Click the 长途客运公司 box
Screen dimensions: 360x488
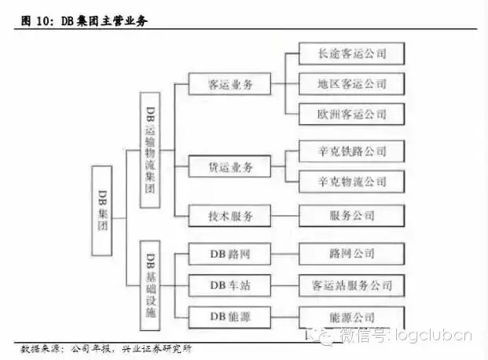[352, 53]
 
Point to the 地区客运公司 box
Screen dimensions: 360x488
[352, 83]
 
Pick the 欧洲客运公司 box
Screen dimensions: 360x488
[352, 113]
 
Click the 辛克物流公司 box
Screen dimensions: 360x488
[352, 182]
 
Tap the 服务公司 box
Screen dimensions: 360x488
[352, 215]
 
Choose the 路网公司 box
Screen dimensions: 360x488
[352, 253]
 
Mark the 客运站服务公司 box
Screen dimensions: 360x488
[352, 285]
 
